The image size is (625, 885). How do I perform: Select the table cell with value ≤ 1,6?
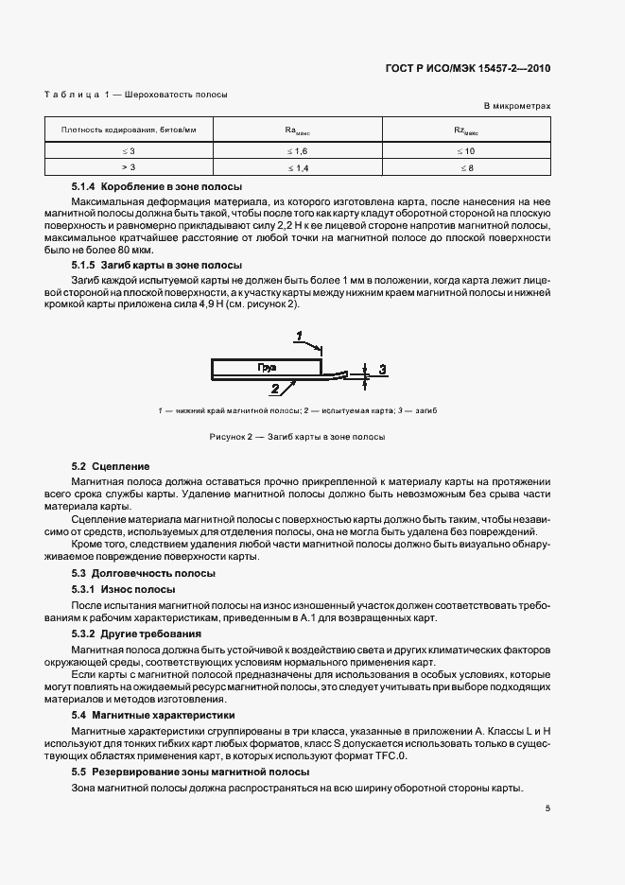point(298,150)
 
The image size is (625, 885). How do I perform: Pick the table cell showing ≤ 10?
point(466,150)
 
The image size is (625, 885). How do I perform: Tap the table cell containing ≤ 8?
point(466,167)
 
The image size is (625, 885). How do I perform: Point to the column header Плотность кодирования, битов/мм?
point(129,130)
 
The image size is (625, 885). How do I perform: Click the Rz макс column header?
point(466,130)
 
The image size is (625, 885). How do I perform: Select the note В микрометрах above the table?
point(517,107)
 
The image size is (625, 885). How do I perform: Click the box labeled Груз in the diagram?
point(269,365)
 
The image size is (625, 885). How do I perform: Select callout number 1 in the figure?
point(298,337)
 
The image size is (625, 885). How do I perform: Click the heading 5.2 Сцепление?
point(111,467)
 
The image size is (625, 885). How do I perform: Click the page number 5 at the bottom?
point(547,807)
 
